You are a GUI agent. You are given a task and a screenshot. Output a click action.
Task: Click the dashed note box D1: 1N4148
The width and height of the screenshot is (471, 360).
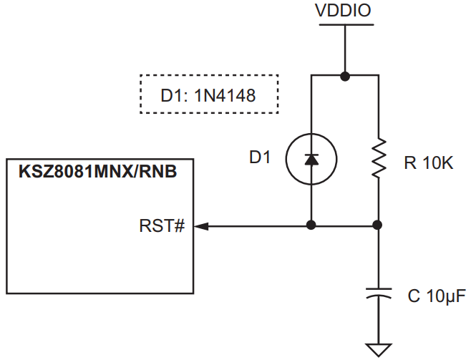[x=208, y=94]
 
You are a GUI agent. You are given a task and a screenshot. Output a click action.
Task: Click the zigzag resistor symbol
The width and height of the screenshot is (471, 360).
[x=379, y=159]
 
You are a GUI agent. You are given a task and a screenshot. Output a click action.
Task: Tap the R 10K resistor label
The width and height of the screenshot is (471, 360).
[x=429, y=164]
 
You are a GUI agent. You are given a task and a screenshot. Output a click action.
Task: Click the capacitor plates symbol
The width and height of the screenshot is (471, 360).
[x=379, y=293]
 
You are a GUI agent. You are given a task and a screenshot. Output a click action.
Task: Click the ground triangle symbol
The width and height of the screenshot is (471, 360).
[x=379, y=349]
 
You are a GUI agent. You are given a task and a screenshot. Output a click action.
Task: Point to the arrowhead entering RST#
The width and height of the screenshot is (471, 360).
[x=201, y=225]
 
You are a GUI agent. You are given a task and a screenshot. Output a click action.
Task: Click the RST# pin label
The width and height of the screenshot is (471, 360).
[x=162, y=226]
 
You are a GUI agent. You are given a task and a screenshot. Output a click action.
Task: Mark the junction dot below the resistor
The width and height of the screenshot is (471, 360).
[x=379, y=225]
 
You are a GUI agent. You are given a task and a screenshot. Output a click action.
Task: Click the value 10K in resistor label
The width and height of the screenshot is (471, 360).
[x=437, y=164]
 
